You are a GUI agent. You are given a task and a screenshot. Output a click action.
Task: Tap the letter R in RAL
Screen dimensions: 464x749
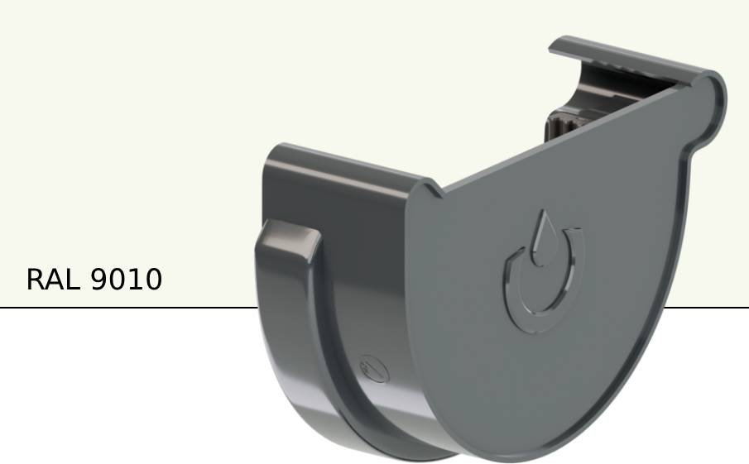point(36,280)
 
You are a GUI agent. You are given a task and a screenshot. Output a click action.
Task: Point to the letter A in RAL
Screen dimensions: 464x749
point(55,280)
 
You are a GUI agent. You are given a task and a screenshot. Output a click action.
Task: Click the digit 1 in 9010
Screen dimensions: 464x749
point(134,280)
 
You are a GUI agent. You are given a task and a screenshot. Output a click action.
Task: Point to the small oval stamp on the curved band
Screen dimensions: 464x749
point(373,367)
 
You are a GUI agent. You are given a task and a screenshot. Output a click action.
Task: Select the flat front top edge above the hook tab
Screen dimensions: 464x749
point(348,165)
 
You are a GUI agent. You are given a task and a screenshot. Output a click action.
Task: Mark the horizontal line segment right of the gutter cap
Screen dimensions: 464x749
point(708,308)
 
